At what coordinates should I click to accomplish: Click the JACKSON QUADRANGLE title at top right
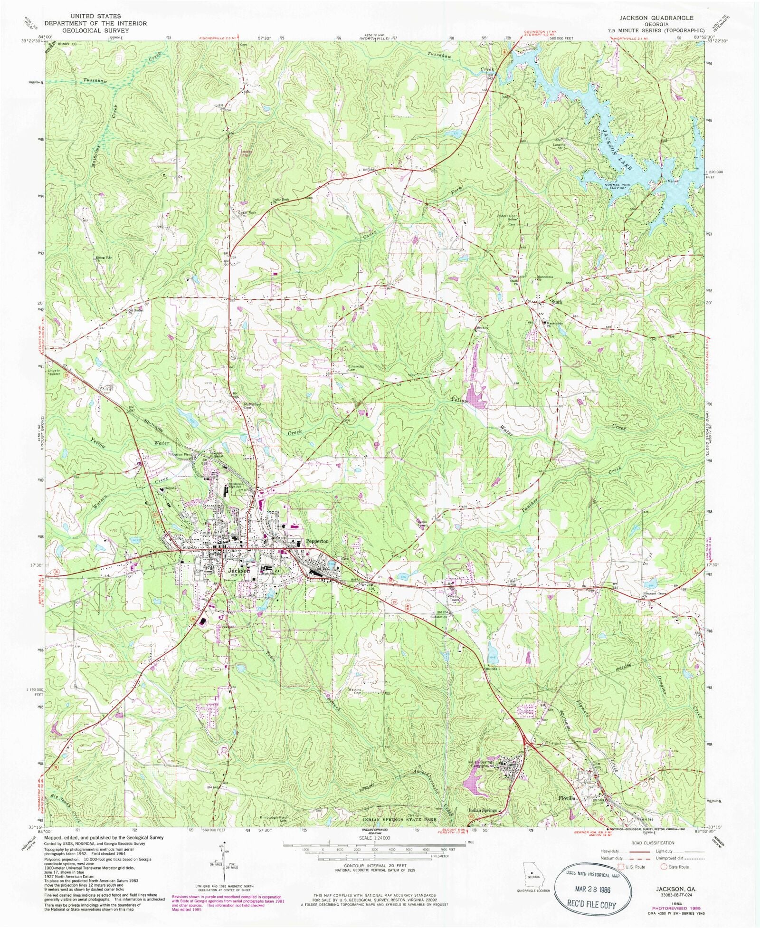[x=655, y=18]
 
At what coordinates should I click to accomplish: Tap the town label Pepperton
[x=317, y=541]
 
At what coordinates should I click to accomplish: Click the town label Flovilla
[x=568, y=799]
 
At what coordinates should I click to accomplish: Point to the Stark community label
[x=557, y=302]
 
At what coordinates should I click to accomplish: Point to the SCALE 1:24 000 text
[x=375, y=838]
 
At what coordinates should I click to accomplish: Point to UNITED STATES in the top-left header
[x=95, y=16]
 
